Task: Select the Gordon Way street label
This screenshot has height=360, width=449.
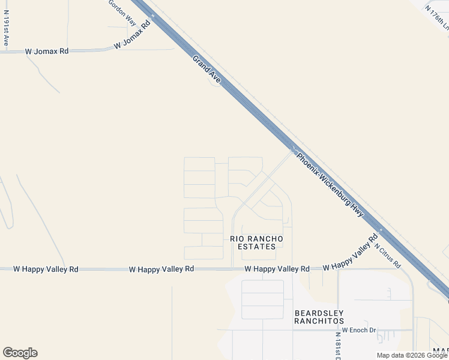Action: tap(122, 12)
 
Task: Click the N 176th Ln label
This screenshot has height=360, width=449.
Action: tap(437, 18)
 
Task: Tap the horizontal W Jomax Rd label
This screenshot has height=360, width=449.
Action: tap(47, 52)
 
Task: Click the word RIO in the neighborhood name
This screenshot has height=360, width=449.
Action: tap(237, 239)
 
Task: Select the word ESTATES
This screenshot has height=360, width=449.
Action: tap(257, 247)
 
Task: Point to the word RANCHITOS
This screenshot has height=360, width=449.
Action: tap(318, 321)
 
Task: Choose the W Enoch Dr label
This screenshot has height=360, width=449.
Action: tap(358, 330)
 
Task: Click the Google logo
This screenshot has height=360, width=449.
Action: tap(20, 353)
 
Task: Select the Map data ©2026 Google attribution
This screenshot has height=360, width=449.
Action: tap(412, 355)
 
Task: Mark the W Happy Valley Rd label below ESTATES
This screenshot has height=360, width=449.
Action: tap(277, 269)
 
